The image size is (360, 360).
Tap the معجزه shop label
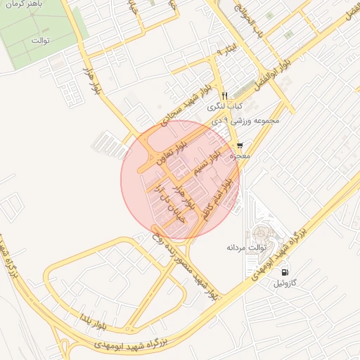(x=240, y=156)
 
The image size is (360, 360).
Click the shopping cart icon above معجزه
(x=240, y=145)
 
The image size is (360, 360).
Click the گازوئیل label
(x=288, y=283)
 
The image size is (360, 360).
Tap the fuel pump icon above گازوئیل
(x=284, y=272)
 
